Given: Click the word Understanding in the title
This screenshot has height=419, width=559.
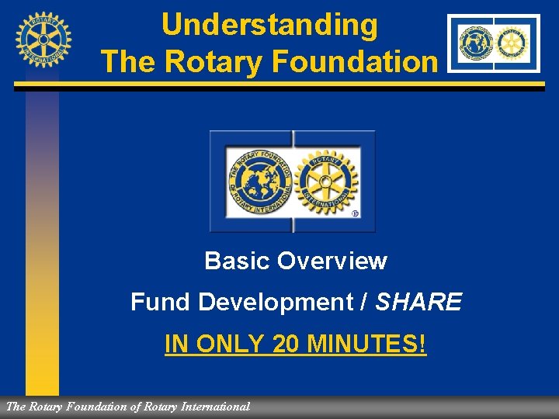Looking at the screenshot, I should click(269, 25).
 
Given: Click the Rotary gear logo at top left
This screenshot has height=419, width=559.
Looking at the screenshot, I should click(43, 39).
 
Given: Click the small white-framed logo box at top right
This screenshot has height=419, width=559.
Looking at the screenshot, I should click(494, 43).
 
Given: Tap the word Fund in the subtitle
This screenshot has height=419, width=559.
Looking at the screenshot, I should click(161, 301).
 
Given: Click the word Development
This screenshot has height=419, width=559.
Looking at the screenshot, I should click(276, 301).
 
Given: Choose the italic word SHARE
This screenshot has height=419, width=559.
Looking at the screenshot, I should click(418, 301).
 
